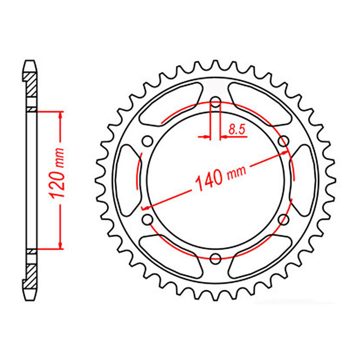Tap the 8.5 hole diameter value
pos(236,129)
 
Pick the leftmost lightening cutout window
pos(127,180)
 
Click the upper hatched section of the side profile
pos(31,86)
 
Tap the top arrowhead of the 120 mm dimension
pos(61,115)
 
